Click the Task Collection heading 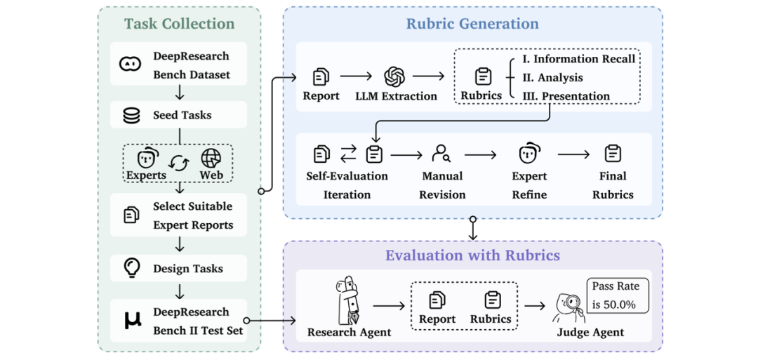coord(180,24)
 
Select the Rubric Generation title coord(472,24)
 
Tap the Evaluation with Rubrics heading coord(472,255)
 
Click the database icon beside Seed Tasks coord(132,115)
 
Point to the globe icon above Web coord(211,157)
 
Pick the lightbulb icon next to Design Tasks coord(132,267)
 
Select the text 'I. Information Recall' coord(579,59)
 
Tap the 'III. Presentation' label coord(566,95)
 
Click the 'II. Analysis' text coord(553,77)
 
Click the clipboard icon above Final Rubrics coord(613,153)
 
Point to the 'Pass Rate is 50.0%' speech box coord(617,295)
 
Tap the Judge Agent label coord(590,333)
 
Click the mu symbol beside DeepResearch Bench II coord(133,321)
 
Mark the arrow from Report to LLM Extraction coord(356,76)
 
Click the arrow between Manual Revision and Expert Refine coord(481,154)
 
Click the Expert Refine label coord(529,185)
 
